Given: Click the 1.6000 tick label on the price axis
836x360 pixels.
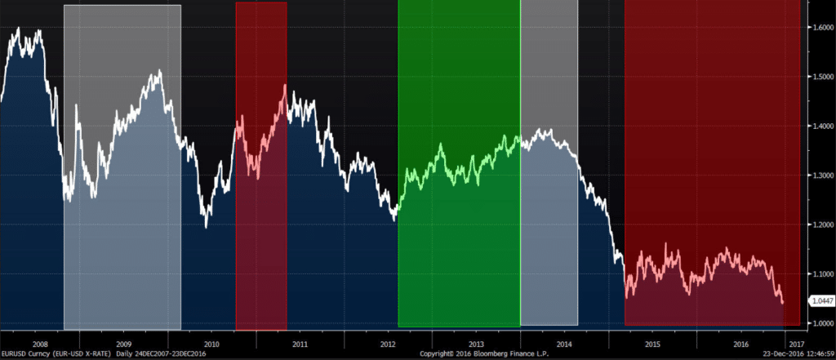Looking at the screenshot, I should (x=821, y=28).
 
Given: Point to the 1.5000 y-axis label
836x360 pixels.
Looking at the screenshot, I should (x=821, y=77).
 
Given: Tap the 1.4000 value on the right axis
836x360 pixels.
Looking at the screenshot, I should (x=821, y=126).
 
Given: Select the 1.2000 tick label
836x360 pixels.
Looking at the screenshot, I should (x=821, y=224).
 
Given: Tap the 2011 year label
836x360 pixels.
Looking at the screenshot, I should (x=300, y=344).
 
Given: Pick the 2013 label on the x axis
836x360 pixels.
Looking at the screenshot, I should (x=476, y=344).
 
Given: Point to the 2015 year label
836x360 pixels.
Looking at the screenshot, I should (x=652, y=344).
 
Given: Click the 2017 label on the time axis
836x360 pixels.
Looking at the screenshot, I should (x=795, y=344).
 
